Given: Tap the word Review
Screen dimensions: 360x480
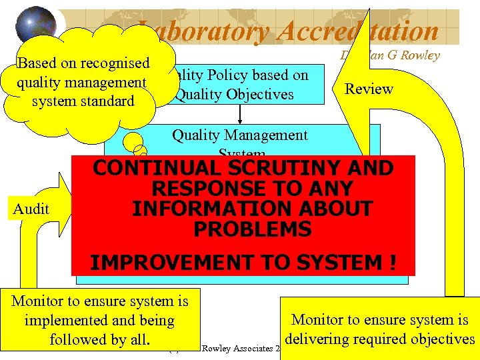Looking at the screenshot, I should [x=369, y=89].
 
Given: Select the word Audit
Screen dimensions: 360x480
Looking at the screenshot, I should [x=31, y=209].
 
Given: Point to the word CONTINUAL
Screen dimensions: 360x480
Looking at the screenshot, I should [x=153, y=168].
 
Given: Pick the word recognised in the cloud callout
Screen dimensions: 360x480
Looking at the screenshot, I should [x=116, y=63].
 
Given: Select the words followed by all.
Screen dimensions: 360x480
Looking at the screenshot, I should [x=99, y=339].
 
